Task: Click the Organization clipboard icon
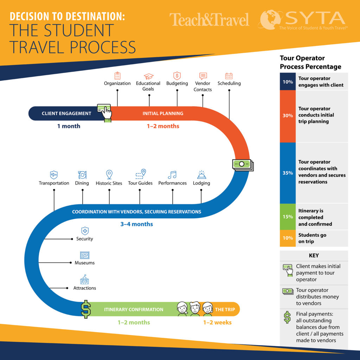117,76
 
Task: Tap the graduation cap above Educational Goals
149,76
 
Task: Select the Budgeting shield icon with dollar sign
177,76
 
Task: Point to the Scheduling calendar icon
229,76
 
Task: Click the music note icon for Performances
172,175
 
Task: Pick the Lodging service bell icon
201,175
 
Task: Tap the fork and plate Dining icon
82,175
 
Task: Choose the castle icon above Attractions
84,279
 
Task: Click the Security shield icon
85,231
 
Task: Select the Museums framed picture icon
84,255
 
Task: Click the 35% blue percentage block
288,173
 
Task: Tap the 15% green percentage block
288,217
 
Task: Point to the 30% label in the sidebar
288,115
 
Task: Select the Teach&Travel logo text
209,20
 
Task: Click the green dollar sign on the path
86,309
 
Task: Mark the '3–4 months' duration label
137,224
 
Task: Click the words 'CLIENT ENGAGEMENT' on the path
66,114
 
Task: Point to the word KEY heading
314,256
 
